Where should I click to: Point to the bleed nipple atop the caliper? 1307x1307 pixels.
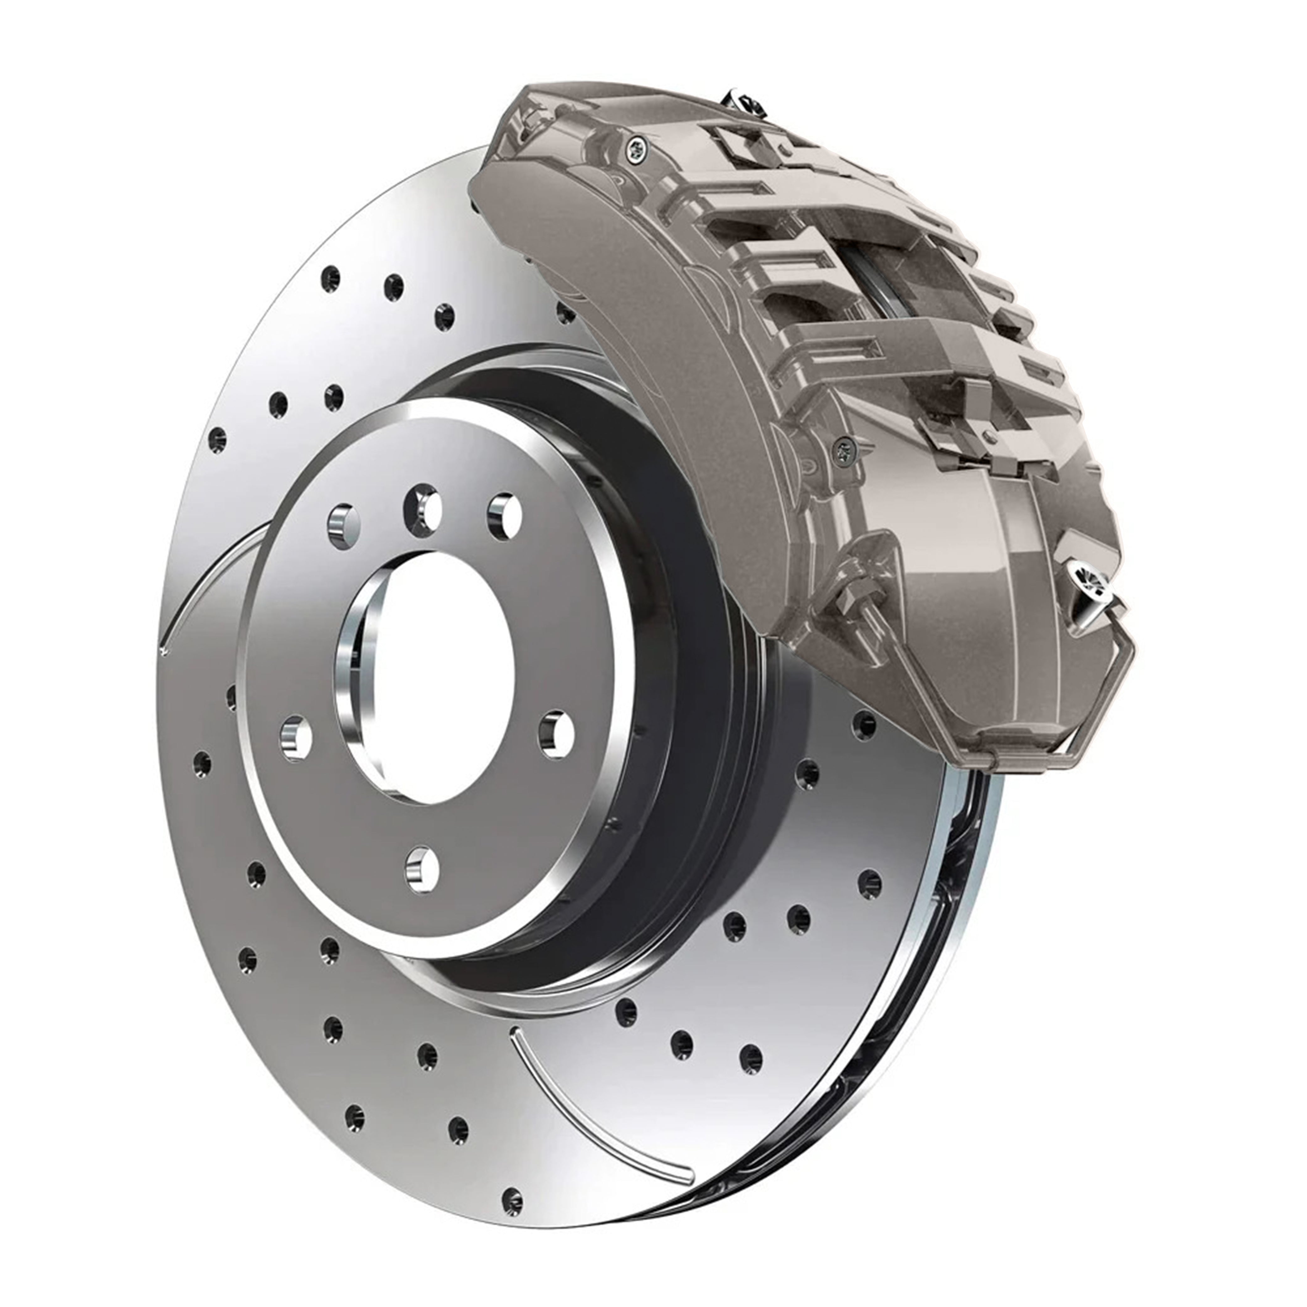click(744, 102)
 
